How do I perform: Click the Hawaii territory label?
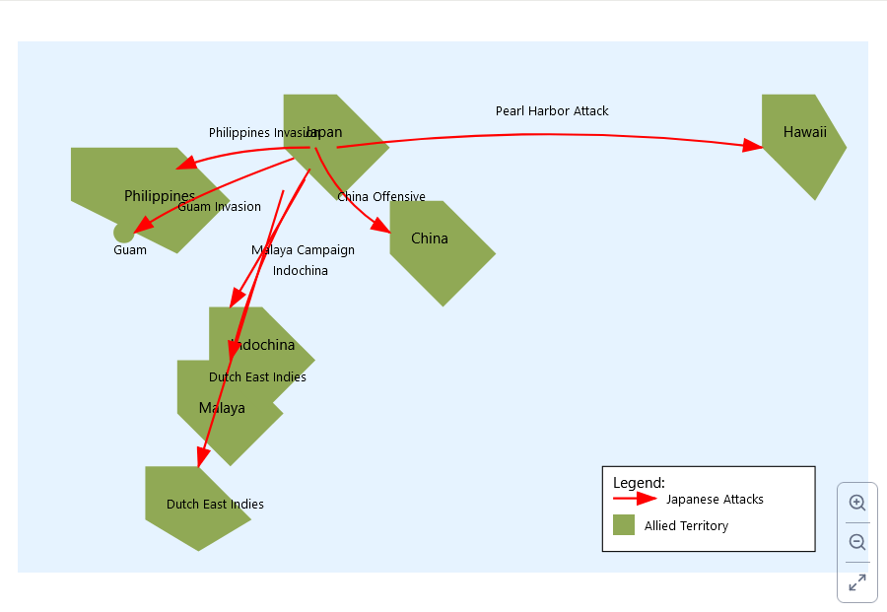(x=804, y=132)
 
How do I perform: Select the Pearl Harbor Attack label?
(x=552, y=111)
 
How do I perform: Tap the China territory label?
(x=429, y=238)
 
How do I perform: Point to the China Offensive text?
(x=381, y=197)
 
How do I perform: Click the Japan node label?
(x=325, y=132)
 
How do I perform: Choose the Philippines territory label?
(x=159, y=196)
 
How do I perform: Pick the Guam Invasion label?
(x=219, y=207)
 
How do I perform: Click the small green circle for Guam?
(x=124, y=234)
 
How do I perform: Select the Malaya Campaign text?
(x=303, y=250)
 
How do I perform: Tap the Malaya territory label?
(x=222, y=408)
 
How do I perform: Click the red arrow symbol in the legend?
(x=635, y=499)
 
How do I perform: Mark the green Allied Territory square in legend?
(x=623, y=525)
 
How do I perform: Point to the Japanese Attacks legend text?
(x=715, y=500)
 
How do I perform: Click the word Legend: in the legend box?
(x=639, y=483)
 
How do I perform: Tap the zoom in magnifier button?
(x=857, y=503)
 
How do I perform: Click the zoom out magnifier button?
(x=857, y=542)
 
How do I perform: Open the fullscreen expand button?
(x=857, y=581)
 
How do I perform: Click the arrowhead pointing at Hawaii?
(x=753, y=146)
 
